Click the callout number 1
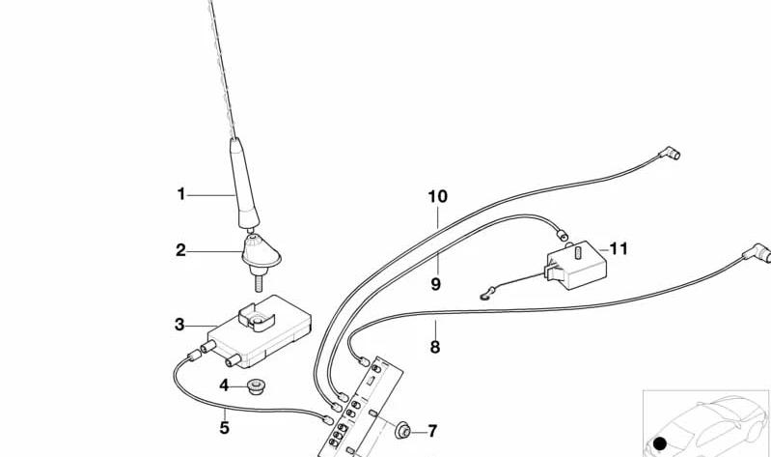(181, 194)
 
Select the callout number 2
(181, 250)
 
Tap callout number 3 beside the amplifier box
(179, 325)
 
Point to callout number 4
(224, 386)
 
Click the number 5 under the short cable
(224, 427)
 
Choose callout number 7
(432, 431)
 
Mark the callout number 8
(435, 347)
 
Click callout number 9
(435, 284)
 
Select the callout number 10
(438, 197)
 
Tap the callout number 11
(619, 248)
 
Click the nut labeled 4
(255, 386)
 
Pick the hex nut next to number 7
(402, 431)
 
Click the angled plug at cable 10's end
(670, 154)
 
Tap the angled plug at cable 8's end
(757, 253)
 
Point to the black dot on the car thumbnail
(660, 443)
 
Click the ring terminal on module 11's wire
(484, 296)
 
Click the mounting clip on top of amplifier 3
(257, 317)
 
